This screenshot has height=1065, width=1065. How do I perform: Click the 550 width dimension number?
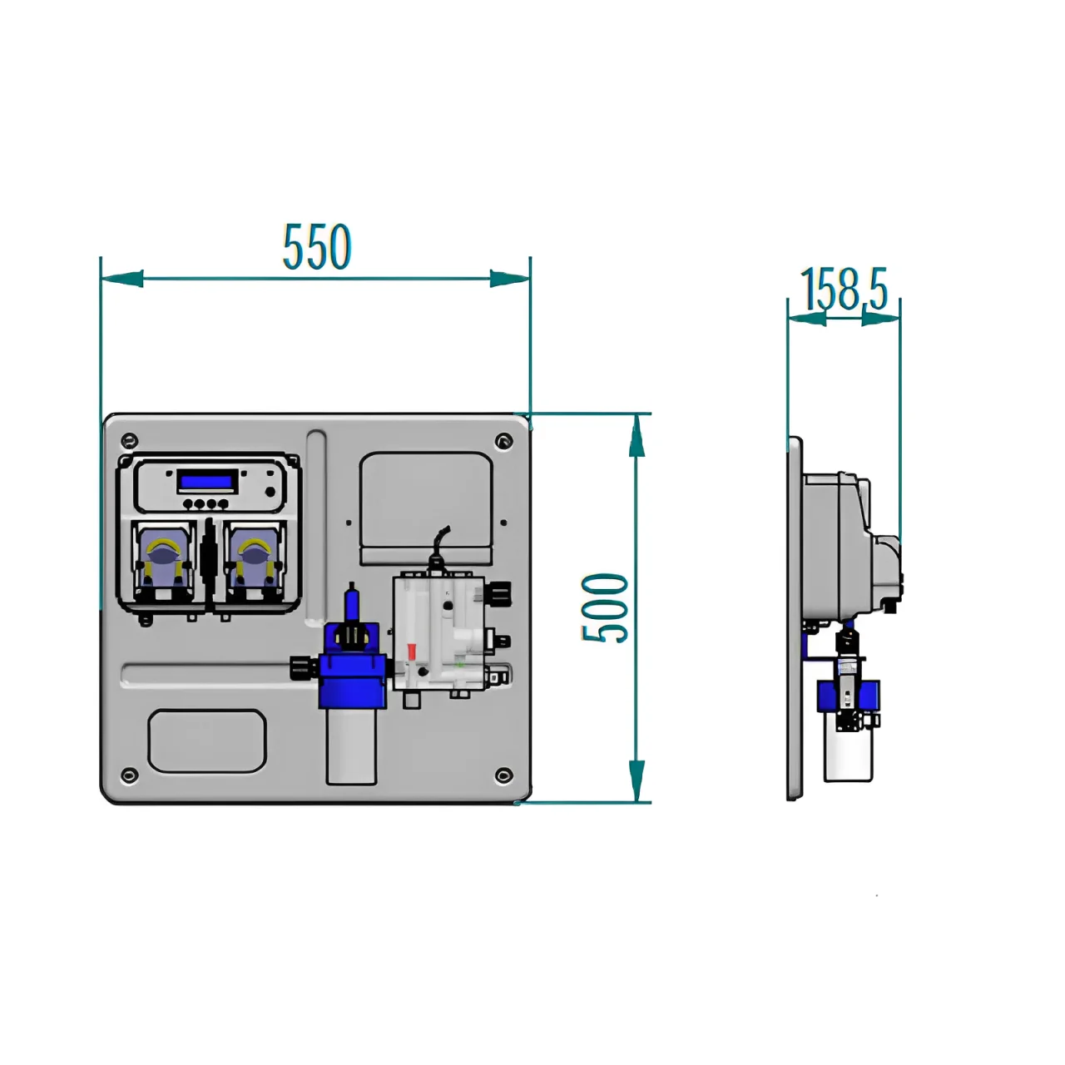(317, 247)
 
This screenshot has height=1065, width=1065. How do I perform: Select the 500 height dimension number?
(605, 607)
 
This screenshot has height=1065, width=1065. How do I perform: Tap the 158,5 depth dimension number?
(845, 289)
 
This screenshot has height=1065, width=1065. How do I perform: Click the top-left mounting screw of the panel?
(127, 440)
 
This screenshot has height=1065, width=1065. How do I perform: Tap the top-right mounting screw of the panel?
(502, 440)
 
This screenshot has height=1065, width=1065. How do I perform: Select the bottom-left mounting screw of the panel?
(127, 775)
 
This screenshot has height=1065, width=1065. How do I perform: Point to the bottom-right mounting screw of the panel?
(502, 775)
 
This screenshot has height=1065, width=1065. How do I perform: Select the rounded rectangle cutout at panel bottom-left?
(207, 741)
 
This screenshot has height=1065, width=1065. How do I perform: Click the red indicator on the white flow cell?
(410, 653)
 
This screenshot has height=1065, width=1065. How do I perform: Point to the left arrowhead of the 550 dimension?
(121, 279)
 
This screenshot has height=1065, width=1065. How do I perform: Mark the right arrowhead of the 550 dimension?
(510, 279)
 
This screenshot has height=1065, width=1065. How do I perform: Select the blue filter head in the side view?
(848, 695)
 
